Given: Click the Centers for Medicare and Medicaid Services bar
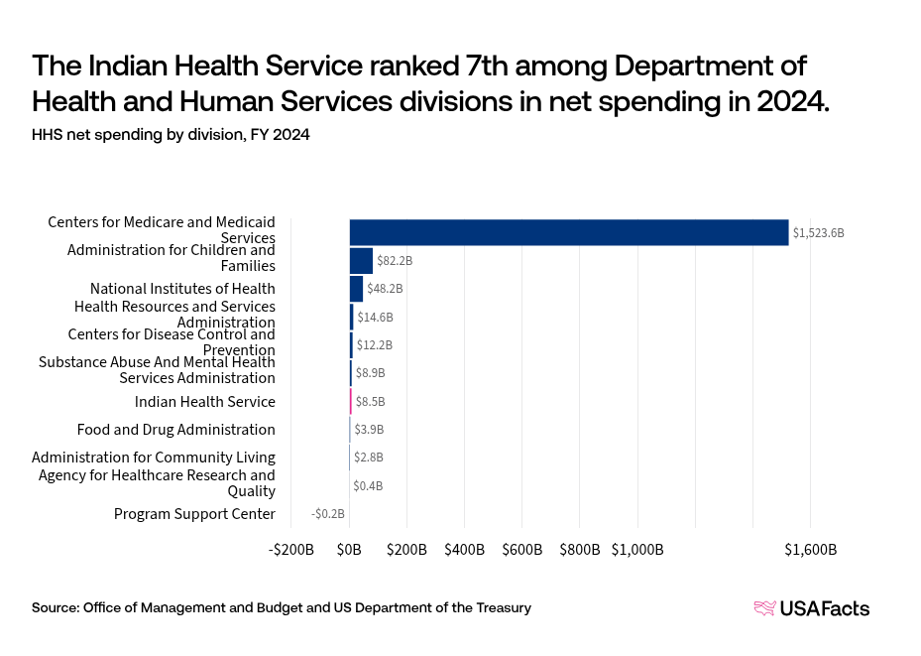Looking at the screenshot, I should pos(568,232).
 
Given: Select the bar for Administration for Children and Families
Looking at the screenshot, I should pos(361,261).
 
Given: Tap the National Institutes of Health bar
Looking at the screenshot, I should pos(356,289).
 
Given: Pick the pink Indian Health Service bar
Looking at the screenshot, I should pos(351,402).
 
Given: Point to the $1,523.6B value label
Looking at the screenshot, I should pos(818,233).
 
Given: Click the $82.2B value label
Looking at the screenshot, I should pos(395,261).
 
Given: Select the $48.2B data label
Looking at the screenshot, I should pos(385,289).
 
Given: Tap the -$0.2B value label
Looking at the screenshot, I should pos(328,514).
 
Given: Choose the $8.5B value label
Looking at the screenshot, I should pos(370,402).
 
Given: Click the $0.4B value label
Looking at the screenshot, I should pos(368,486).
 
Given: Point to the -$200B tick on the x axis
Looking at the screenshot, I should pos(292,549).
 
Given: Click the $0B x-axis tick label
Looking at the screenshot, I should pos(349,549).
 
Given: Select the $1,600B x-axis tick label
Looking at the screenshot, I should pos(811,549).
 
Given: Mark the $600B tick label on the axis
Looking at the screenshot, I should pos(522,549).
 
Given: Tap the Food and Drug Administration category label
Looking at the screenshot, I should pos(176,430).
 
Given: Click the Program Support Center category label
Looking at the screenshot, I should pos(194,514).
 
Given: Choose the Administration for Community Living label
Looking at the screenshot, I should pos(154,458).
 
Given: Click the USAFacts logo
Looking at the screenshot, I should pos(812,608).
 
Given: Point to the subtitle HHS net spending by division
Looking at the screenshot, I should pos(171,136).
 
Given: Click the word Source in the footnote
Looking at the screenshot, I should pos(55,607).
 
